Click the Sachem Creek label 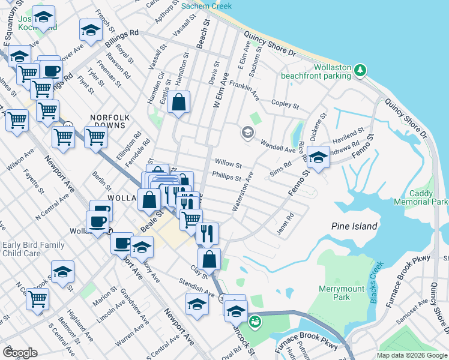click(206, 5)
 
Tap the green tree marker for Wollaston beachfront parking click(360, 71)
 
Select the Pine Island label click(354, 226)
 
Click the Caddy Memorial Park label click(428, 198)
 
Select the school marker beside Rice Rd click(318, 157)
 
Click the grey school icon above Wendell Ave click(247, 133)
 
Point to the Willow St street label click(228, 164)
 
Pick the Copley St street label click(285, 105)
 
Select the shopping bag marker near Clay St click(209, 259)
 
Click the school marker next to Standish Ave click(197, 305)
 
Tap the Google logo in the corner click(20, 352)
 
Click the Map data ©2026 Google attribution click(412, 355)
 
